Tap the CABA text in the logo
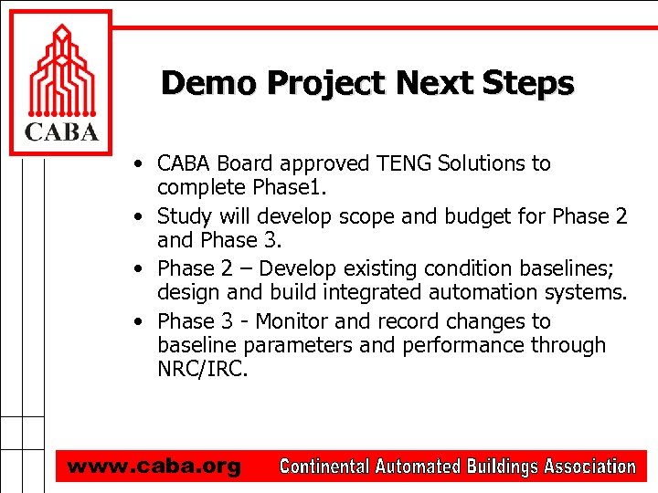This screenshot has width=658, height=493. (60, 132)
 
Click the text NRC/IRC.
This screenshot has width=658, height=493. (202, 369)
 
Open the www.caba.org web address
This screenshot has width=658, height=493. (154, 467)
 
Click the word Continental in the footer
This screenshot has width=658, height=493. (323, 467)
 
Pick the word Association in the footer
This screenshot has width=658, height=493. (589, 467)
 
